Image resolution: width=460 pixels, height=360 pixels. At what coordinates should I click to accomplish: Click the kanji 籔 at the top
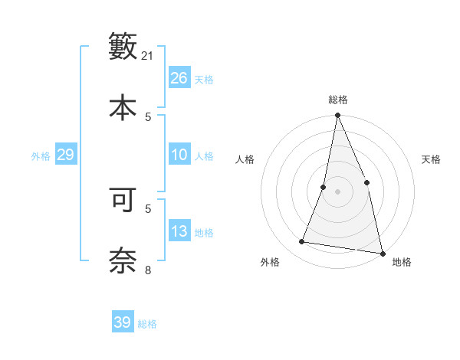coord(123,47)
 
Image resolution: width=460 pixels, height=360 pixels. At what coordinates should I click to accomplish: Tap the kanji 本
coord(123,108)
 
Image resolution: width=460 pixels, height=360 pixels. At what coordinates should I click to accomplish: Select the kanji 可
coord(123,200)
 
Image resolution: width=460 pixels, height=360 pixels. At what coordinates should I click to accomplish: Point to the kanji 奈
coord(123,261)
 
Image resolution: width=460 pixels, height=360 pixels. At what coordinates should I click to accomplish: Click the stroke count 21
coord(148,55)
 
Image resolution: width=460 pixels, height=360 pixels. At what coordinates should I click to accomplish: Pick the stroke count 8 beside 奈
coord(148,270)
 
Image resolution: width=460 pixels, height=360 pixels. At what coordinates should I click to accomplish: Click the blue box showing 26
coord(179,78)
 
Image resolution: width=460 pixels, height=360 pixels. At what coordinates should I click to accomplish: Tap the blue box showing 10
coord(179,155)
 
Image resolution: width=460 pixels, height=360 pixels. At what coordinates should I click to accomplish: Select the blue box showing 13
coord(179,231)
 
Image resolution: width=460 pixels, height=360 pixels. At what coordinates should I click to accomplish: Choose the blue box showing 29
coord(65,155)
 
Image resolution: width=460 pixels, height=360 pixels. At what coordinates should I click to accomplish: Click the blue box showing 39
coord(123,322)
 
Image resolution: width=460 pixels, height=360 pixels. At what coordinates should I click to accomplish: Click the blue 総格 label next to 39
coord(147,324)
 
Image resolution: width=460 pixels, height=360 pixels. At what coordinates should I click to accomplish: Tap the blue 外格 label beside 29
coord(41,156)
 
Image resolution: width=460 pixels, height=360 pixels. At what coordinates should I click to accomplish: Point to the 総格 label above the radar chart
coord(338,100)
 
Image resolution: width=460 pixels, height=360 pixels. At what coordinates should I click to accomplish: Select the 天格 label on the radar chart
coord(432,159)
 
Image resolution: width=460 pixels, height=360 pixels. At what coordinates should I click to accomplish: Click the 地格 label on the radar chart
coord(402,262)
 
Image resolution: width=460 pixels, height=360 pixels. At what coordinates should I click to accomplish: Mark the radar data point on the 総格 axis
coord(337,116)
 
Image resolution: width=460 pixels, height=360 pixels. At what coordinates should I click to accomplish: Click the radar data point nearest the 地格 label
coord(382,253)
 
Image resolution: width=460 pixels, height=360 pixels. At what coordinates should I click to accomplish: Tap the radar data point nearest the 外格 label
coord(302,242)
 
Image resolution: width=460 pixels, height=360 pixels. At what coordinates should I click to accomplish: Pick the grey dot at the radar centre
coord(337,191)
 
